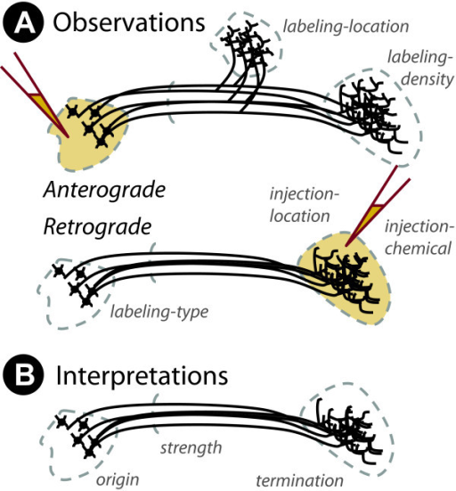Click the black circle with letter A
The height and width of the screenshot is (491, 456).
click(x=23, y=23)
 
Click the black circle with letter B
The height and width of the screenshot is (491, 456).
click(x=23, y=374)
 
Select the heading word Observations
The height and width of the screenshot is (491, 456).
click(x=129, y=22)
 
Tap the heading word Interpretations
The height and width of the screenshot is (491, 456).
click(x=142, y=375)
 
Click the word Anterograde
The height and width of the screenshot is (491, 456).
click(x=104, y=190)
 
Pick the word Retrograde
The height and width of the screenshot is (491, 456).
click(x=97, y=226)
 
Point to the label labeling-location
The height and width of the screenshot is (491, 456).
click(x=346, y=27)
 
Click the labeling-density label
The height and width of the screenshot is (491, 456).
click(x=420, y=68)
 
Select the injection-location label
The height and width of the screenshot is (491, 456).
click(x=305, y=205)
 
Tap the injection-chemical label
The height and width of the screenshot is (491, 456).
click(x=419, y=237)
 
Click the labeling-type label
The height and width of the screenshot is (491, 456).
click(x=159, y=312)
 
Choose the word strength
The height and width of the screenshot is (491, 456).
click(x=191, y=448)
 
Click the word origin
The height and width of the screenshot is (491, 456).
click(x=118, y=480)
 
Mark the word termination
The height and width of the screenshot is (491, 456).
click(x=299, y=480)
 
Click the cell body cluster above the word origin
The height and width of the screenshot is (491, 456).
click(x=77, y=436)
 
